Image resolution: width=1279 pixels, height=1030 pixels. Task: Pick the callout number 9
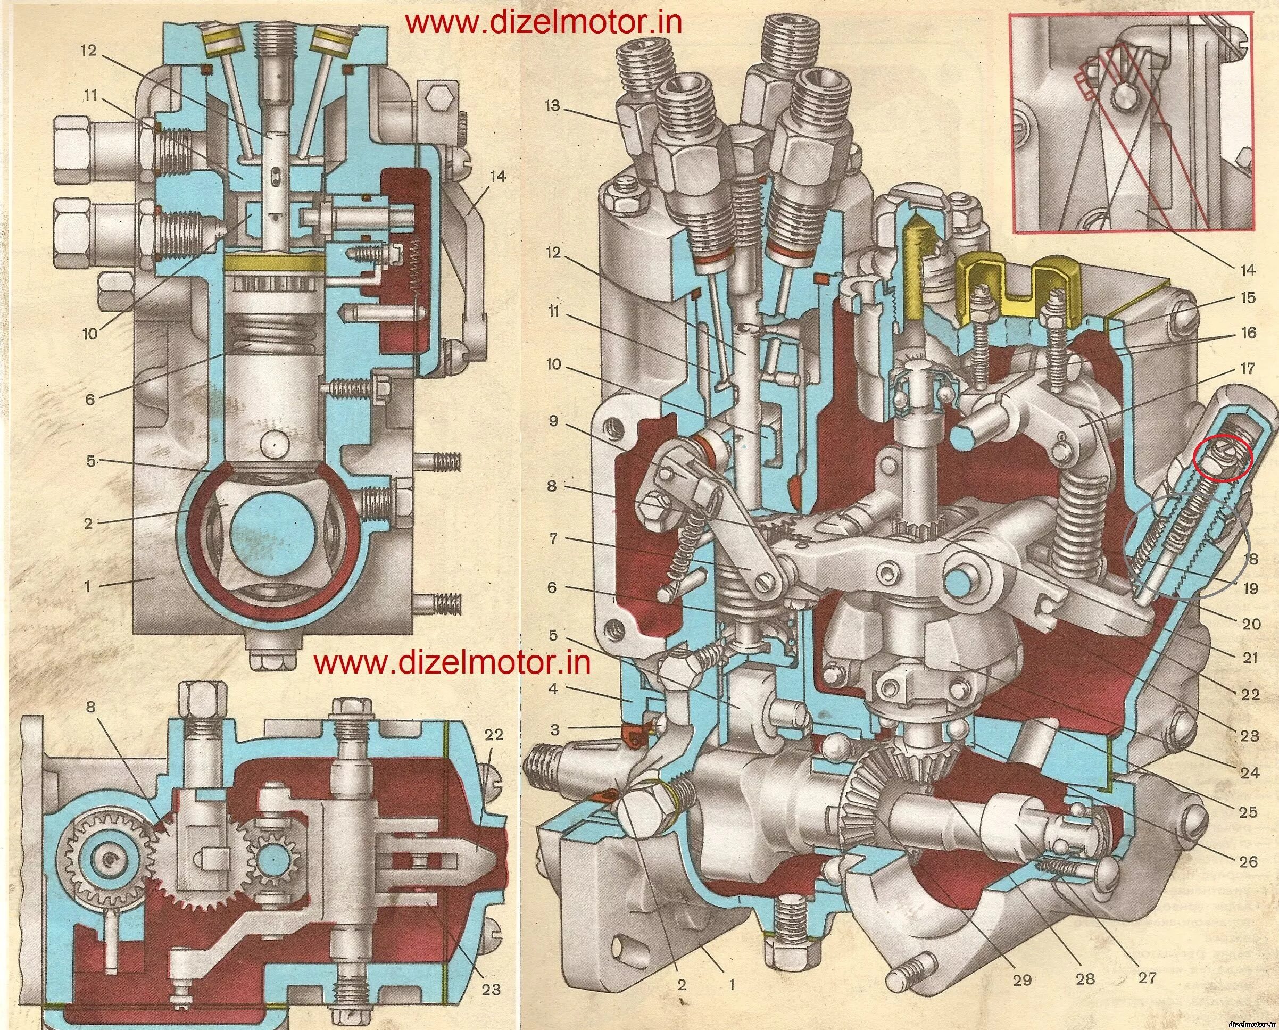click(553, 421)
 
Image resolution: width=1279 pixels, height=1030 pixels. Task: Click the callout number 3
click(554, 729)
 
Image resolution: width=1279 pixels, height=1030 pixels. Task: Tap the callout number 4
click(553, 690)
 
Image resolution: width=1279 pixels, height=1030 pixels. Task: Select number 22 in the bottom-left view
click(494, 735)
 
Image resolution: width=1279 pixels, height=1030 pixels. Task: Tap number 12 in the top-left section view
click(88, 51)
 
